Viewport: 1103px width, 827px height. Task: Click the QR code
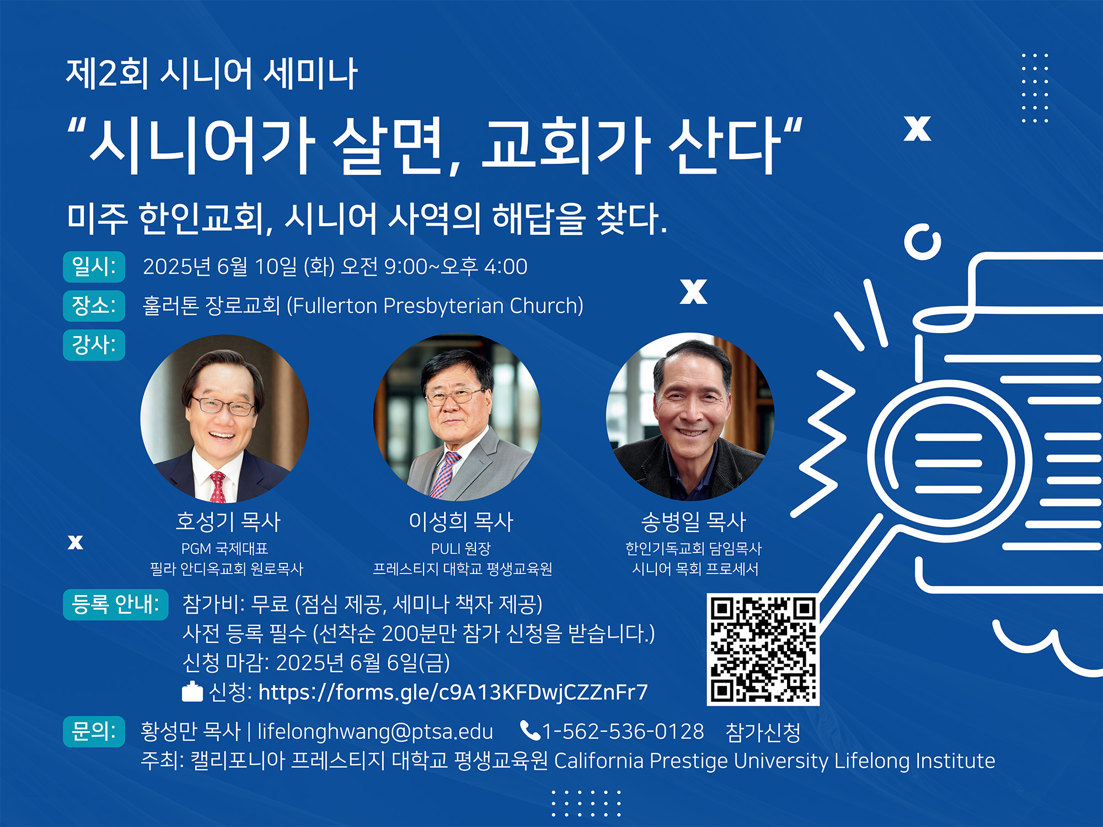(x=763, y=649)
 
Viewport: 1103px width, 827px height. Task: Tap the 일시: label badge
(x=94, y=267)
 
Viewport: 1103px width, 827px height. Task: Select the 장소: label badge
(x=94, y=305)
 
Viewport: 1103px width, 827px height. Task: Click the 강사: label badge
(x=94, y=345)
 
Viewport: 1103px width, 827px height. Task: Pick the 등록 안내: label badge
(x=116, y=605)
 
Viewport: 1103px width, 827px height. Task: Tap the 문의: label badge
(x=94, y=732)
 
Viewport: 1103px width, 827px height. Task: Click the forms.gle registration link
(x=453, y=692)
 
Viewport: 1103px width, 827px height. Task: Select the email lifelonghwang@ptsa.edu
(x=375, y=732)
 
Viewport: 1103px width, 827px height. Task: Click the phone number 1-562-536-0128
(x=623, y=732)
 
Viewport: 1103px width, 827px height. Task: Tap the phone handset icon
(x=530, y=731)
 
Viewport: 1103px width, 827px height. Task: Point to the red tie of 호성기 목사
(x=217, y=486)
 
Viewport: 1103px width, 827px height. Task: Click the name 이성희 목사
(x=461, y=522)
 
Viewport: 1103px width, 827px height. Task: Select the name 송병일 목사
(x=693, y=522)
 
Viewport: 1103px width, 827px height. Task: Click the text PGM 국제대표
(x=224, y=549)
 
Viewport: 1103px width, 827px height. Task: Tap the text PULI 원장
(x=461, y=549)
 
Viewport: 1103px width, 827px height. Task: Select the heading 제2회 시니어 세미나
(x=212, y=74)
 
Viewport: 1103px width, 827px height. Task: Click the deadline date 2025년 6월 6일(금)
(x=363, y=663)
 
